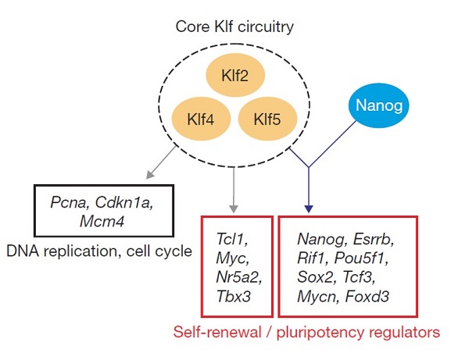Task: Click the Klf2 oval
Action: coord(235,75)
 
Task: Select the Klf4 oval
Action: coord(201,119)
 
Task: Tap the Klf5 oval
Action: coord(267,119)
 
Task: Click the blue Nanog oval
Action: coord(379,105)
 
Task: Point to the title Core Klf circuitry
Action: coord(234,27)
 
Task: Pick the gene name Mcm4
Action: coord(102,222)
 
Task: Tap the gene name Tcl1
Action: coord(232,239)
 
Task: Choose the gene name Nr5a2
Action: coord(239,277)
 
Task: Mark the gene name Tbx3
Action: coord(233,297)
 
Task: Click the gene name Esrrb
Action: coord(374,239)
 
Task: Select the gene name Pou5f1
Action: coord(361,258)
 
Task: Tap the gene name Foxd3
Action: coord(367,297)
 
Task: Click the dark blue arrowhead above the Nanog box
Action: coord(309,209)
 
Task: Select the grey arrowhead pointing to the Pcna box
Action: coord(149,174)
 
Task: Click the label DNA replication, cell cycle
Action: coord(99,251)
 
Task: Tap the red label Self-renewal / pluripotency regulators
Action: coord(306,332)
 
